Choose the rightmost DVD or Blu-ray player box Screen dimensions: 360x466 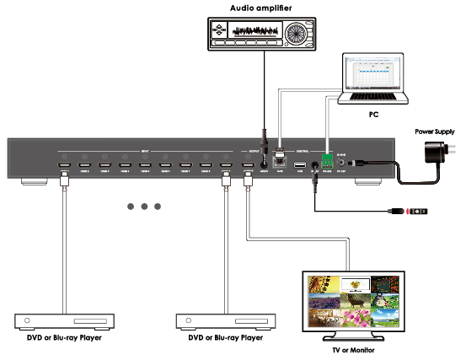point(226,320)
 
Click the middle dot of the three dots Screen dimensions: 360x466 point(145,206)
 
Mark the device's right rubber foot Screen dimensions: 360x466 point(369,181)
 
